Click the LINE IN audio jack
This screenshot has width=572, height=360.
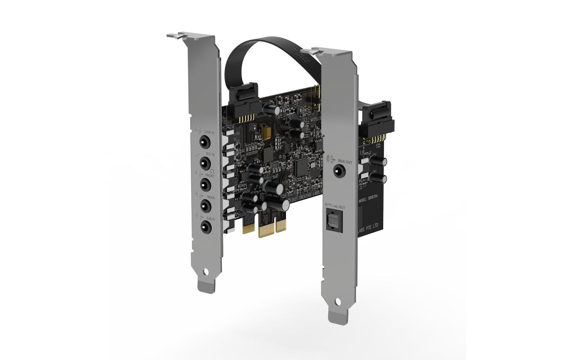coord(205,142)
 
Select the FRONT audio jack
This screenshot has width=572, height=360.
coord(205,185)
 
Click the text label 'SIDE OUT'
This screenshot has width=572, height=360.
coord(345,162)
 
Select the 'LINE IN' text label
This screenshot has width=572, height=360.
coord(209,133)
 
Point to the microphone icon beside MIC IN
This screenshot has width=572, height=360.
coord(198,154)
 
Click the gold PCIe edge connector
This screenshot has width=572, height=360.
coord(272,229)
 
